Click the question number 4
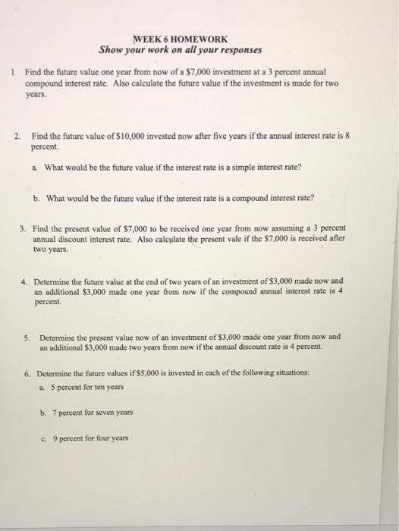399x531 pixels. pyautogui.click(x=24, y=279)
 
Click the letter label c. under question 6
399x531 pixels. pyautogui.click(x=44, y=438)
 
